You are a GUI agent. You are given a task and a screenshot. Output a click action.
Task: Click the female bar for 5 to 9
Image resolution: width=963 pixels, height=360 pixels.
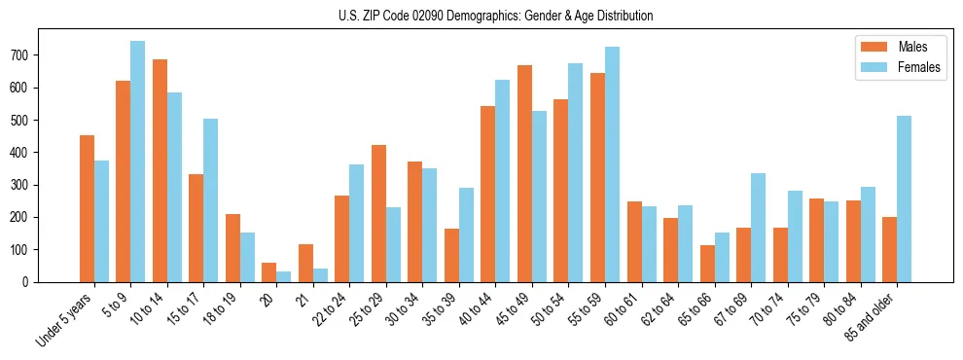137,162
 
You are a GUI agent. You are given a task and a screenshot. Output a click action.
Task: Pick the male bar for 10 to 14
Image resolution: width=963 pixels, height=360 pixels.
160,170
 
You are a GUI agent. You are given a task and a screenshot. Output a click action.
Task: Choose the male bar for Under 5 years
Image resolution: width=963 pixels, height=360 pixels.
87,208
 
